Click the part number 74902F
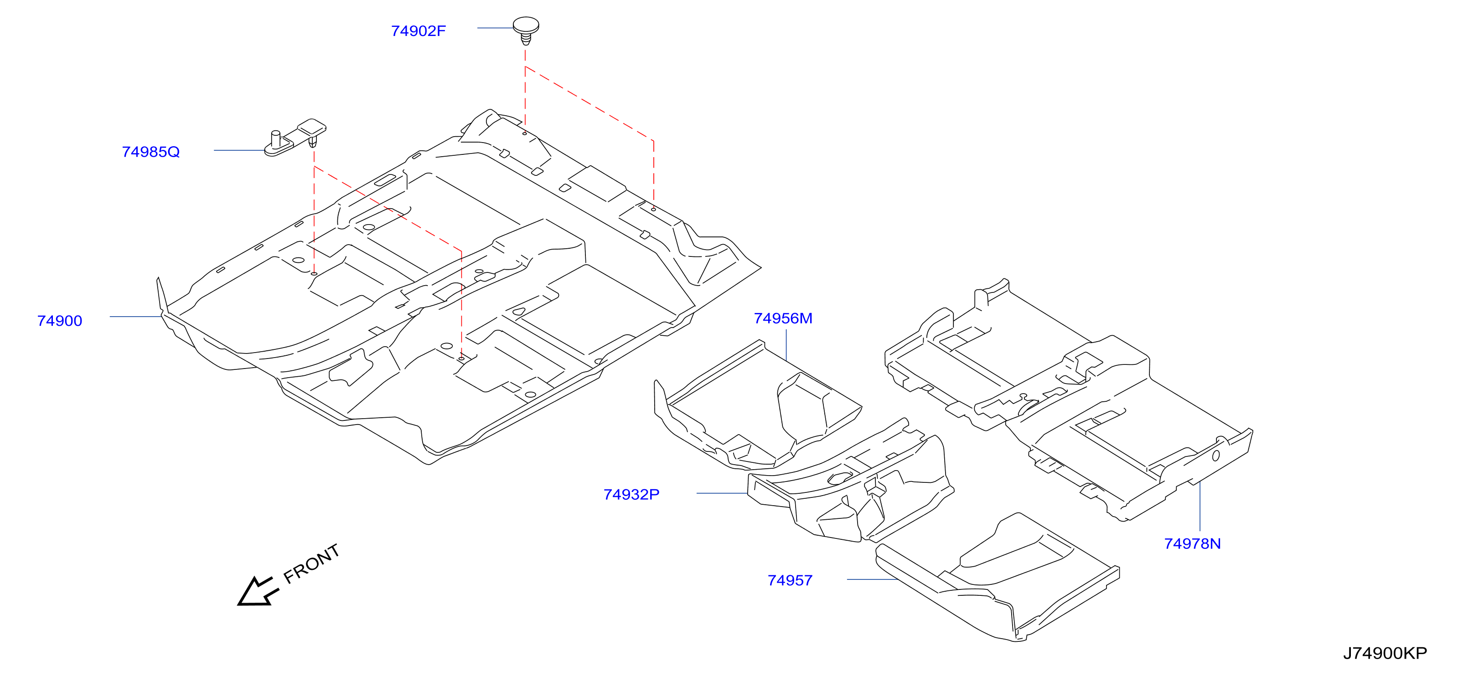click(x=418, y=31)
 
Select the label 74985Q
click(x=151, y=152)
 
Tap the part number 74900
click(x=60, y=321)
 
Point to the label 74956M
click(x=783, y=318)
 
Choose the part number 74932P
click(x=631, y=495)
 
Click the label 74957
click(x=790, y=580)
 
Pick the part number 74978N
click(x=1193, y=543)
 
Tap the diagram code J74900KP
click(x=1385, y=654)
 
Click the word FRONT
click(x=312, y=564)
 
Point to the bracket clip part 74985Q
click(x=295, y=138)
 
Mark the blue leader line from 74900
click(x=135, y=317)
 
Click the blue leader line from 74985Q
click(x=239, y=150)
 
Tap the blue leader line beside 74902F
click(x=495, y=28)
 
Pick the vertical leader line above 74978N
click(x=1200, y=506)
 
